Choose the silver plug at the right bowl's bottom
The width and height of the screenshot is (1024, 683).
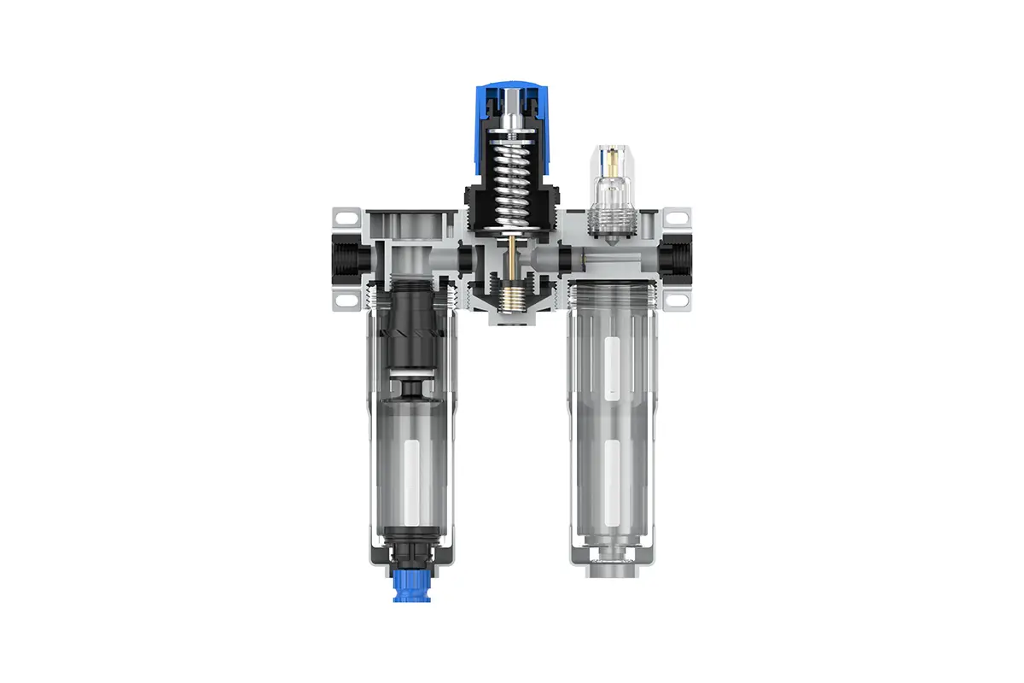tap(612, 568)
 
